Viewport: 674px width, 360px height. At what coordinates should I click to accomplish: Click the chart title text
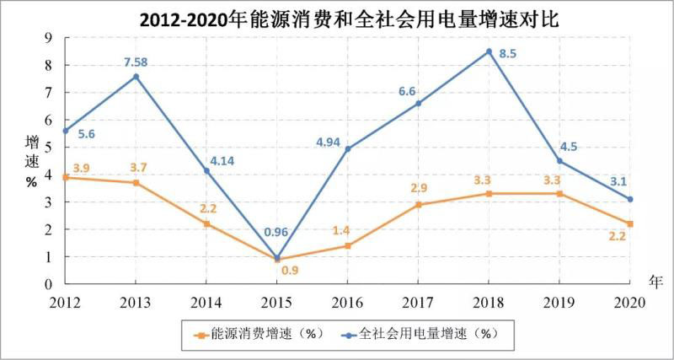click(x=337, y=18)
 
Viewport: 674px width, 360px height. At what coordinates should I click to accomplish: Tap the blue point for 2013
click(x=136, y=77)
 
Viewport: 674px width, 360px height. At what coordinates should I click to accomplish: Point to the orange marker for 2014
click(x=206, y=223)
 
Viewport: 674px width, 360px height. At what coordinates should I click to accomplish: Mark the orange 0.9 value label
click(x=290, y=271)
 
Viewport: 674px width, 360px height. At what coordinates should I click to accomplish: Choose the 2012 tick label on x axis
click(x=64, y=302)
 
